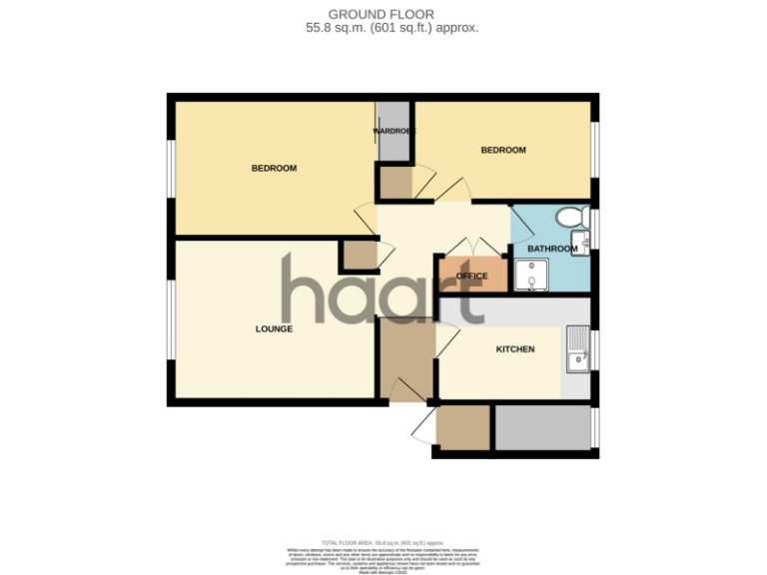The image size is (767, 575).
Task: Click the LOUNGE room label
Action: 274,328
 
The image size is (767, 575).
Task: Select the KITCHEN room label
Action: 515,349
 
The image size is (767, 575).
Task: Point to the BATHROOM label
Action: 552,249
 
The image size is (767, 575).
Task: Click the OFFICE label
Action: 471,276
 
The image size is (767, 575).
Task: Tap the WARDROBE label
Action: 392,131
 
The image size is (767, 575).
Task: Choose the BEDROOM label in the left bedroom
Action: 274,168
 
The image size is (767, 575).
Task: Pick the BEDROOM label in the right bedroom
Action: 503,150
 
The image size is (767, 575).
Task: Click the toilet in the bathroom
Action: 572,217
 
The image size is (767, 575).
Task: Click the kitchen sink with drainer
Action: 576,348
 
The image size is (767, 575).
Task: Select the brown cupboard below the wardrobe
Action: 394,183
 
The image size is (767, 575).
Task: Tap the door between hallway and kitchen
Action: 446,340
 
